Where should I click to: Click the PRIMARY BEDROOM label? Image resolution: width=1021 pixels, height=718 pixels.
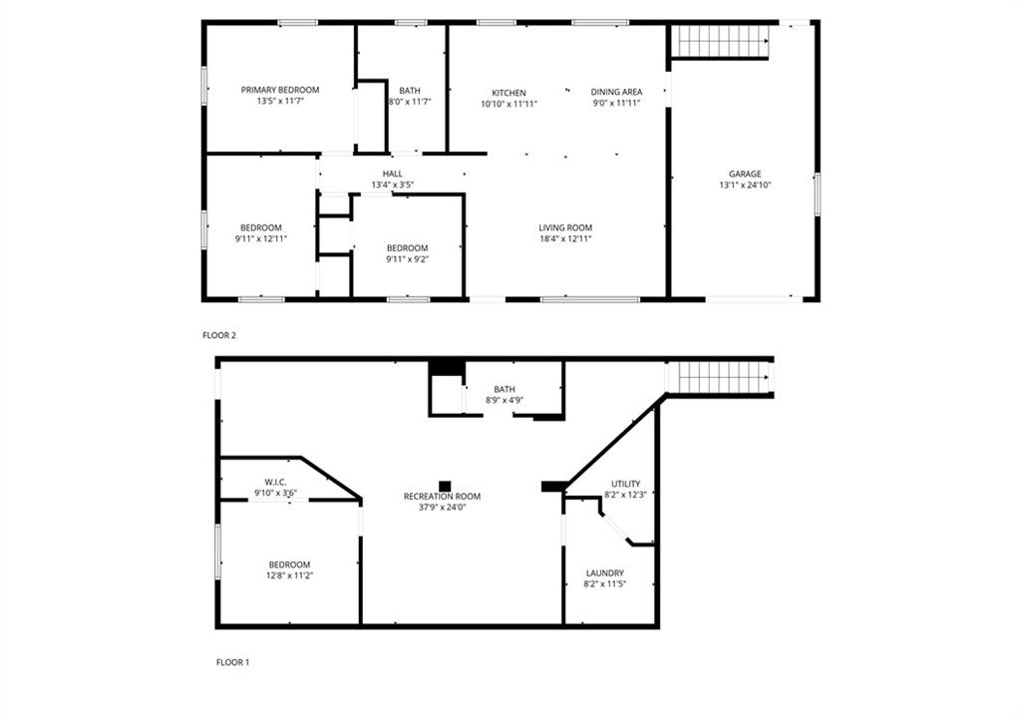(x=280, y=90)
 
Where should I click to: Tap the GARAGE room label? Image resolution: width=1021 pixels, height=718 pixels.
(x=745, y=174)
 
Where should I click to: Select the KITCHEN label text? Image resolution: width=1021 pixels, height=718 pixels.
(x=509, y=93)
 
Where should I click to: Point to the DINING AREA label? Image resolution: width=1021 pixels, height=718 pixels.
(x=616, y=92)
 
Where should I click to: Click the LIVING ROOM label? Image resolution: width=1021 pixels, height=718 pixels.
(x=565, y=228)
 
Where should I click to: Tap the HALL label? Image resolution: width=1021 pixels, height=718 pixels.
(x=393, y=174)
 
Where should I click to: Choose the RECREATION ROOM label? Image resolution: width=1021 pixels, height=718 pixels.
(x=442, y=497)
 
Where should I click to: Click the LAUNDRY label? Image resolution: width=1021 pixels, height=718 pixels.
(x=605, y=573)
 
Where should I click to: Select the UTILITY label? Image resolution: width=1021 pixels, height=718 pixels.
(x=626, y=484)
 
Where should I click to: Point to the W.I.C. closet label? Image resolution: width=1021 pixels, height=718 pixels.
(x=275, y=482)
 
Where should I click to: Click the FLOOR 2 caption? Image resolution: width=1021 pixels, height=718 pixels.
(x=219, y=335)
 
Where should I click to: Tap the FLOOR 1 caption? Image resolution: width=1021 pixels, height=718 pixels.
(x=232, y=662)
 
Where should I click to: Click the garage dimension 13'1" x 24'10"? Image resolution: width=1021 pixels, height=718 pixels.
(x=745, y=185)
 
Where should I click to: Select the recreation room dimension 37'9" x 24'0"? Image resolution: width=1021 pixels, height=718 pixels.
(x=442, y=507)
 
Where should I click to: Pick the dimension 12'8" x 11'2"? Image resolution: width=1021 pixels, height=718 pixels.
(x=290, y=575)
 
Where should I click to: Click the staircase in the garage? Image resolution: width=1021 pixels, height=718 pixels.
(x=721, y=41)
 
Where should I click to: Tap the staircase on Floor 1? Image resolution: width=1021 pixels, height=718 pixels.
(x=720, y=378)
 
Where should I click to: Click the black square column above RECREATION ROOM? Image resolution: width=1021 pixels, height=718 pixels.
(x=445, y=486)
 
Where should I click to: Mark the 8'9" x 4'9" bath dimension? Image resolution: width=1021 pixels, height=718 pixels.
(x=505, y=401)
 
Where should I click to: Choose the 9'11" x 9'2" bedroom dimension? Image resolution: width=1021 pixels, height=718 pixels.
(x=407, y=259)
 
